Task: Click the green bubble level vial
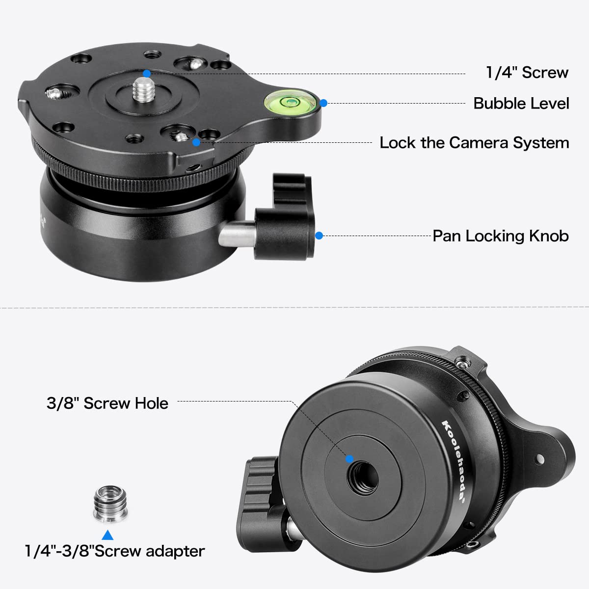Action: tap(290, 102)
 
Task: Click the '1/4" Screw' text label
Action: tap(527, 73)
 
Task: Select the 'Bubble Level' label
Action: tap(521, 104)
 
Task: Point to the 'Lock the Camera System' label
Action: tap(474, 143)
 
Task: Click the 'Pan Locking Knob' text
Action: tap(500, 236)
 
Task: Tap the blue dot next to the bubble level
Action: tap(323, 103)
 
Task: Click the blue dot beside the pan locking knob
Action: tap(319, 236)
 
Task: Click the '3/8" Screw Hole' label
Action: tap(107, 403)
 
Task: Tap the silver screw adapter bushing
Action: tap(110, 504)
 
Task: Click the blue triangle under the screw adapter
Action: tap(107, 535)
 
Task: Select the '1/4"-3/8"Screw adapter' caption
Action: tap(114, 551)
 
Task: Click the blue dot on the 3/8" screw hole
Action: tap(349, 459)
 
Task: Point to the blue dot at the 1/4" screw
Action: tap(147, 74)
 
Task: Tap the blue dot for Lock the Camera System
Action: tap(196, 142)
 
